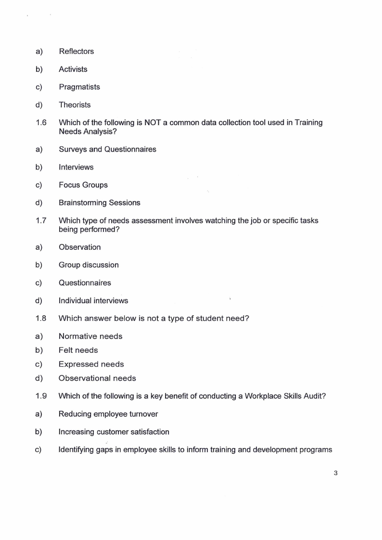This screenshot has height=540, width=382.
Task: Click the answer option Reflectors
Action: pos(76,51)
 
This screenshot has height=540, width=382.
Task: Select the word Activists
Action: pos(73,69)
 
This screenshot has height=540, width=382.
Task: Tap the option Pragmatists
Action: pos(79,87)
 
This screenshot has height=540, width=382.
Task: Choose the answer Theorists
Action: pos(75,105)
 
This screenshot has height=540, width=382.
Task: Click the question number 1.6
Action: pos(41,123)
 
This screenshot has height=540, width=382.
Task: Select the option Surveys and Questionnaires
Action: pos(107,149)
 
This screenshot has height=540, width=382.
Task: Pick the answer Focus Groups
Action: pos(83,185)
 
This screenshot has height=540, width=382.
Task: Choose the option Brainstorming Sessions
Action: pos(100,203)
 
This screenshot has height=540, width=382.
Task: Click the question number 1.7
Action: pos(41,220)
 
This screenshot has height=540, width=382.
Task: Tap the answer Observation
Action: pos(80,247)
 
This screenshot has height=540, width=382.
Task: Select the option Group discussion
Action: pos(89,265)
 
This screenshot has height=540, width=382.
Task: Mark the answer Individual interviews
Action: pos(93,301)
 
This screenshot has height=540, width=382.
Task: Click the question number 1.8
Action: pos(41,319)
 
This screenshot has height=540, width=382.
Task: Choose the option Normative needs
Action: pos(90,336)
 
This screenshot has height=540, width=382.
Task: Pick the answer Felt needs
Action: pos(78,350)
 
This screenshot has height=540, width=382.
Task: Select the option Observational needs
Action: pos(97,378)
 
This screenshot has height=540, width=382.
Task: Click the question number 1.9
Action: pos(41,397)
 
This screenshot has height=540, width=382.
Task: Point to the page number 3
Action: pos(335,473)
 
